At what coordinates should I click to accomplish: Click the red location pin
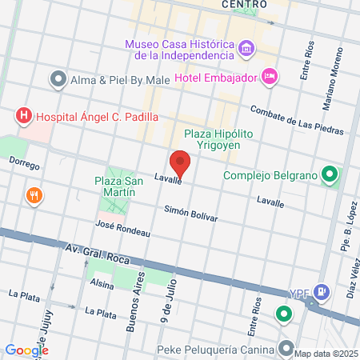180,162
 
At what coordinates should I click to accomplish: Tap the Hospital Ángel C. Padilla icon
24,116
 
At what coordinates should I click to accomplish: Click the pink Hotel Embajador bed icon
270,78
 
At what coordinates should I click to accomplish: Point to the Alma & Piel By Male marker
57,79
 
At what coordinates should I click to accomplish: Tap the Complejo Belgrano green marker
328,175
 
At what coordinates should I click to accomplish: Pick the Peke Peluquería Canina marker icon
286,348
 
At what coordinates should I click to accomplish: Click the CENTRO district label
244,4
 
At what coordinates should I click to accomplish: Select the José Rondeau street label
122,228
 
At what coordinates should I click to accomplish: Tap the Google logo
26,350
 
